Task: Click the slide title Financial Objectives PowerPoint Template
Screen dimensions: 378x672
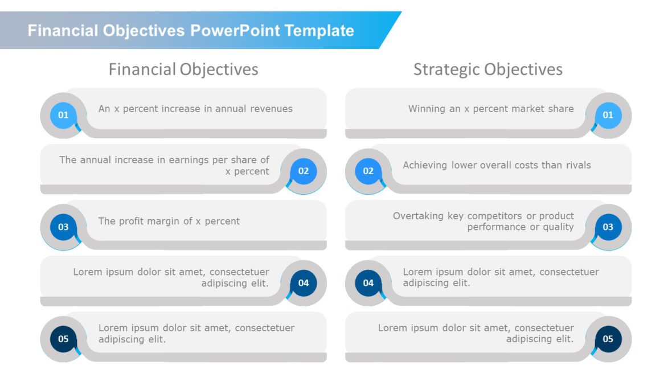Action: pyautogui.click(x=191, y=30)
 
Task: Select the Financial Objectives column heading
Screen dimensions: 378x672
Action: pyautogui.click(x=183, y=69)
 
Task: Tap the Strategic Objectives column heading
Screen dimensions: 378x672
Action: pyautogui.click(x=487, y=69)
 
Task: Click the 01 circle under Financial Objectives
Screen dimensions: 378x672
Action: pyautogui.click(x=63, y=115)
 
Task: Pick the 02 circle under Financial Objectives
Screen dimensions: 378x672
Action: pyautogui.click(x=304, y=171)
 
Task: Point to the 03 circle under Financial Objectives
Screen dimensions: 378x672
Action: pyautogui.click(x=63, y=227)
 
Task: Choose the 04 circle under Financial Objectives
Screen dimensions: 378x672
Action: pyautogui.click(x=304, y=282)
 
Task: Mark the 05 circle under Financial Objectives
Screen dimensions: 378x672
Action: pyautogui.click(x=63, y=339)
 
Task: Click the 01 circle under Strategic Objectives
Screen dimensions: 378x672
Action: pyautogui.click(x=608, y=115)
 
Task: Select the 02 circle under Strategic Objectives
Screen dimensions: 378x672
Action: pyautogui.click(x=368, y=171)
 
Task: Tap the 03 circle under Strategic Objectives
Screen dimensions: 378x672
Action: pyautogui.click(x=608, y=227)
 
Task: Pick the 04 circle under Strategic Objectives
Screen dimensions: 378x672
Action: pyautogui.click(x=368, y=282)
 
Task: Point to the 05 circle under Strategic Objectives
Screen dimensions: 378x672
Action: pyautogui.click(x=608, y=339)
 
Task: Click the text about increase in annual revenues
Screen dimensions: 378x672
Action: pyautogui.click(x=195, y=108)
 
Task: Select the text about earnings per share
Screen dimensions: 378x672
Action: pyautogui.click(x=165, y=165)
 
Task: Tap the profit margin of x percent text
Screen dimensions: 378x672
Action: pyautogui.click(x=169, y=221)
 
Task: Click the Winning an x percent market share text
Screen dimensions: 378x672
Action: pyautogui.click(x=491, y=108)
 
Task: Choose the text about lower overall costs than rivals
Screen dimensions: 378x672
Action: pyautogui.click(x=497, y=165)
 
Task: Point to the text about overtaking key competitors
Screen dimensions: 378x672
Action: pyautogui.click(x=483, y=221)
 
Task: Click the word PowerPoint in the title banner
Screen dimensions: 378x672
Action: pyautogui.click(x=235, y=30)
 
